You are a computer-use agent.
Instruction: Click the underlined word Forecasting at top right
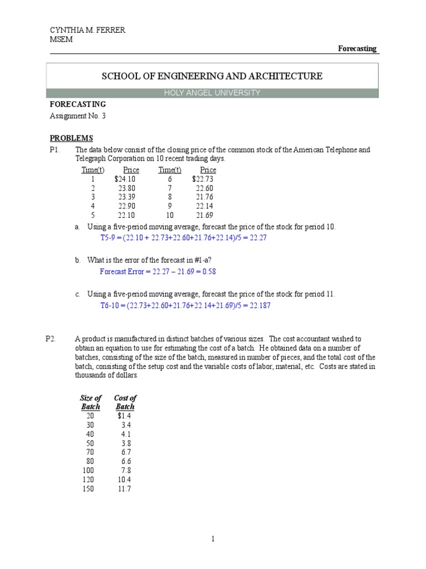tap(357, 48)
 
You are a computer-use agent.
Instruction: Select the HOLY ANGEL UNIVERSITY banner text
tap(212, 93)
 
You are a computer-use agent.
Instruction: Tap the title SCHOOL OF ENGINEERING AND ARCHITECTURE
tap(212, 76)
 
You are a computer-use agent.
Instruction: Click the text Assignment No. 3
tap(77, 116)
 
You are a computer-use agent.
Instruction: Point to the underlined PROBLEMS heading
tap(72, 138)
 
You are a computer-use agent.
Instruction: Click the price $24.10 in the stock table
tap(125, 179)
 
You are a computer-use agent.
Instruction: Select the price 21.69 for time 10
tap(204, 215)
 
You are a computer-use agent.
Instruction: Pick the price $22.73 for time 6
tap(202, 179)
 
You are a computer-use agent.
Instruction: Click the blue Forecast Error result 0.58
tap(207, 272)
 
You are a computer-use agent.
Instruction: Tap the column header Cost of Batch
tap(125, 402)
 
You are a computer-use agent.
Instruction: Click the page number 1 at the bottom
tap(212, 538)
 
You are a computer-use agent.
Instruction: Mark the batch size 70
tap(90, 452)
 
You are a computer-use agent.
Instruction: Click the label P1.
tap(53, 151)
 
